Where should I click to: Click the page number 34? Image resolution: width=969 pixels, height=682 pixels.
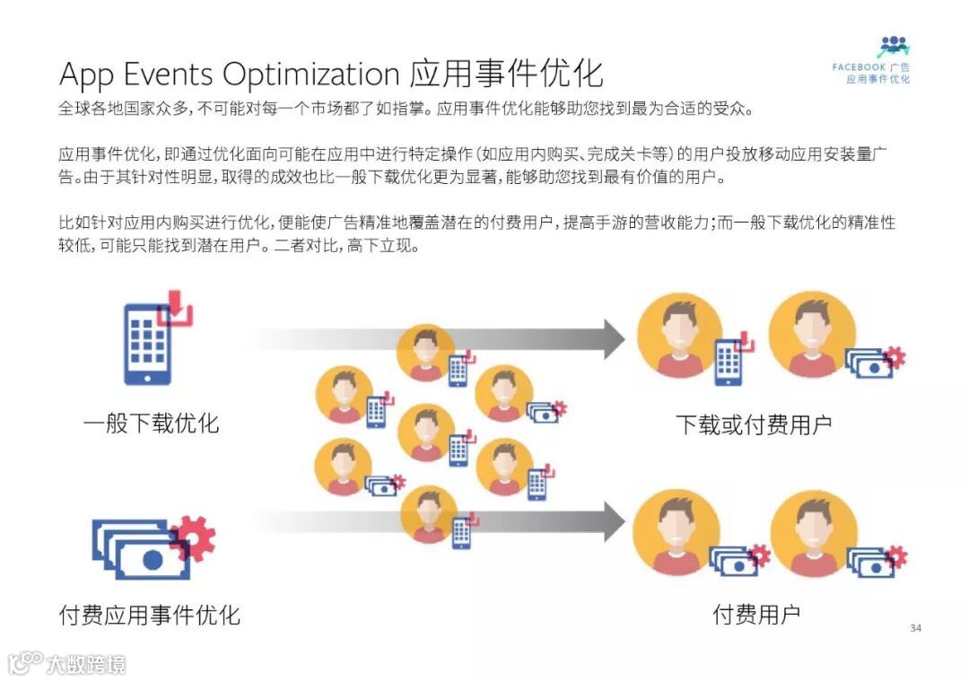[915, 628]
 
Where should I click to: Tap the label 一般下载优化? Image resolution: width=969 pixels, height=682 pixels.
[151, 424]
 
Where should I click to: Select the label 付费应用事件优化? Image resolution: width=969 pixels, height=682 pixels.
[149, 616]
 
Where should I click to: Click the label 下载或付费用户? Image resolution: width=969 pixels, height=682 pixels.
[754, 425]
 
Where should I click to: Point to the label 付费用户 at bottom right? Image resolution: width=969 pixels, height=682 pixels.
[756, 616]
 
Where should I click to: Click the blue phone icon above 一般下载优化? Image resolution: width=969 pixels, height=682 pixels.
[147, 344]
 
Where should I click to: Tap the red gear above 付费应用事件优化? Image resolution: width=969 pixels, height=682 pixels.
[194, 538]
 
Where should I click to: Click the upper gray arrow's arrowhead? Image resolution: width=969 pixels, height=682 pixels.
[614, 338]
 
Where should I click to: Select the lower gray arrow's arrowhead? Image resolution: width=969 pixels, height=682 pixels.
[614, 521]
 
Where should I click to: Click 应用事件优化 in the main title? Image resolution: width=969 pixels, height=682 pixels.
[507, 74]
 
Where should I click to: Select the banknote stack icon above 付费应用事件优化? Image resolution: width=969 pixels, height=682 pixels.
[135, 550]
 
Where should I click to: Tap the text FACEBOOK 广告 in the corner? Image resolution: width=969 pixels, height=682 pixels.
[870, 67]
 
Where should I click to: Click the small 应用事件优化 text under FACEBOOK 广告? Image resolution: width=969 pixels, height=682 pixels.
[877, 80]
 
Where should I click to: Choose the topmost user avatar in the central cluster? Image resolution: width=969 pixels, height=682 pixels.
[426, 352]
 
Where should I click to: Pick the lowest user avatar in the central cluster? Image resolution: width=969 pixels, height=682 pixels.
[430, 514]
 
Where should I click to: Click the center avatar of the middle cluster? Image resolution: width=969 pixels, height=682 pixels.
[426, 433]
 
